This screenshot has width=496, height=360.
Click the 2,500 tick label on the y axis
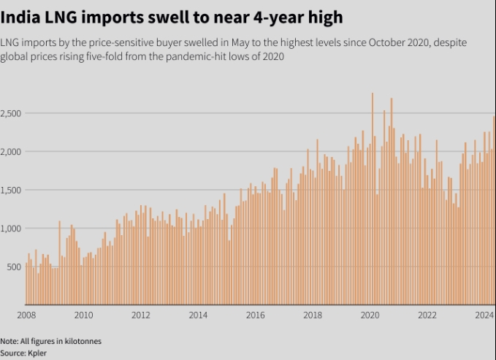coord(13,113)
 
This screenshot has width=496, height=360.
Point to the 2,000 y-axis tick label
coord(13,151)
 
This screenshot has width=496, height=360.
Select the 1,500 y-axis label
coord(13,190)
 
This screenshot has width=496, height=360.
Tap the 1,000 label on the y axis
coord(13,228)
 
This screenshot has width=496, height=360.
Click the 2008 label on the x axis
coord(26,315)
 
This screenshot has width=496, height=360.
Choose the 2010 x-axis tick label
coord(84,315)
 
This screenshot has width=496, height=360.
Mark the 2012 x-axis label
coord(141,315)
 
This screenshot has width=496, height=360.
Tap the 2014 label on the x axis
coord(198,315)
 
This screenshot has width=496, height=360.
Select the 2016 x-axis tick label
coord(255,315)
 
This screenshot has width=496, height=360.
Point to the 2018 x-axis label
coord(313,315)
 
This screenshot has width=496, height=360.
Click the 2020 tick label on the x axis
coord(370,315)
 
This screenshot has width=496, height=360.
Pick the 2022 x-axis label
coord(427,315)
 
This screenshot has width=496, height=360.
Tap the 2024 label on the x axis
coord(484,315)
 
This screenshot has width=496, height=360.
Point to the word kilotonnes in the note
coord(81,341)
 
